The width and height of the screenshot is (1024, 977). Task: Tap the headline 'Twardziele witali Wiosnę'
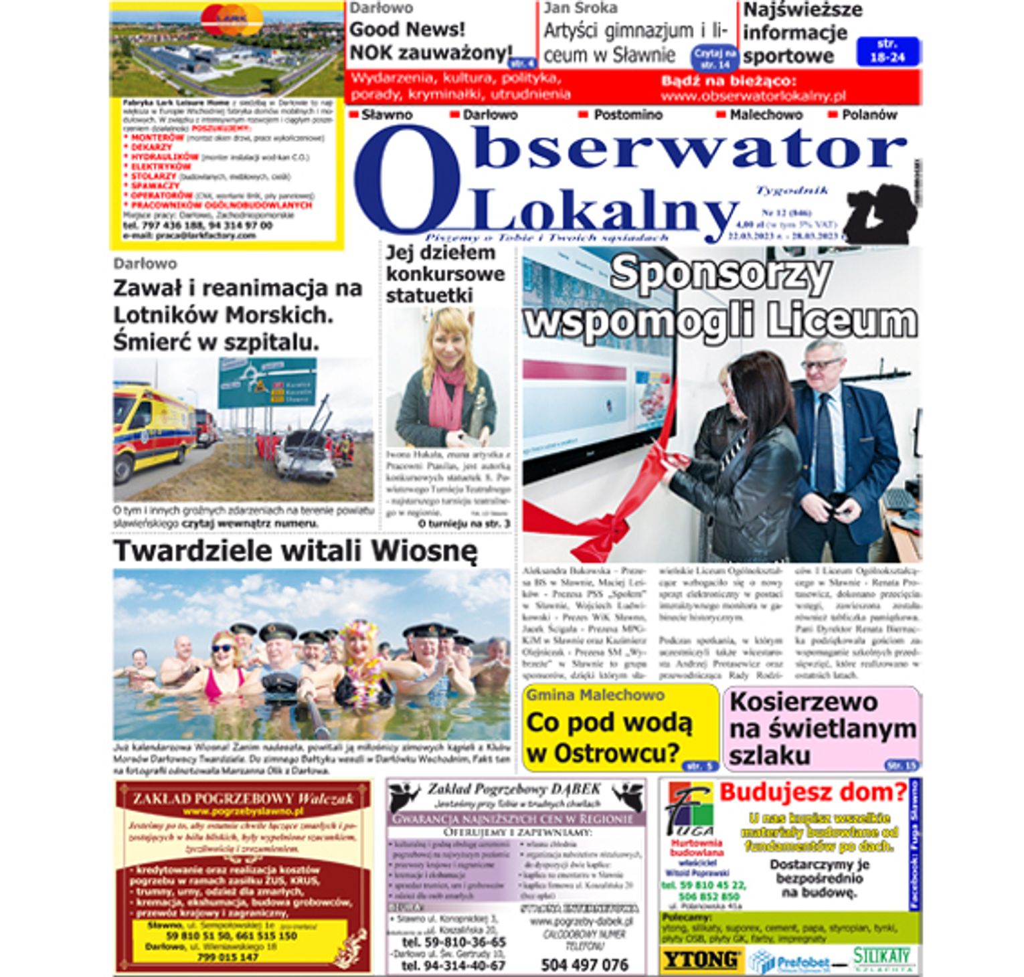(295, 551)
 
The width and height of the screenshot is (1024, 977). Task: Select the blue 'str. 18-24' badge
(887, 51)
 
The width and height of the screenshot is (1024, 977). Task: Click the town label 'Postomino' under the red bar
(627, 115)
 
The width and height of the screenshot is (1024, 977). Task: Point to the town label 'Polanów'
(869, 115)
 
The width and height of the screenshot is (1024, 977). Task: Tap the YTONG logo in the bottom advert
(701, 960)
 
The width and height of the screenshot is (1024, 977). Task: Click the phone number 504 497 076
(584, 964)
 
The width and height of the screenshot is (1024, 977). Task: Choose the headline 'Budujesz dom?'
(813, 793)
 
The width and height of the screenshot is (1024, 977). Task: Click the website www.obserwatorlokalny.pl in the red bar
(753, 96)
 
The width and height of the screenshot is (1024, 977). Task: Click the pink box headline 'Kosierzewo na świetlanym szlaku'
(822, 728)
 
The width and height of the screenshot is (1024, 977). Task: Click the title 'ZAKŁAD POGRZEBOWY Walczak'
(243, 798)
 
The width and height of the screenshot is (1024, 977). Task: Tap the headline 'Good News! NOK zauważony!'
(430, 41)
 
